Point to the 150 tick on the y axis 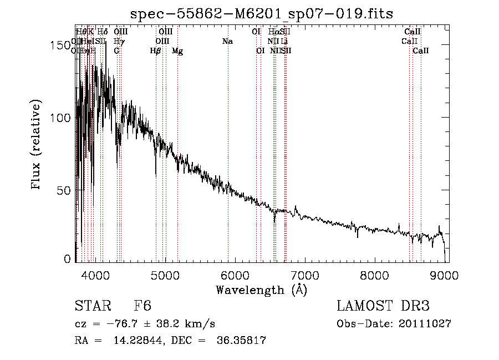[x=62, y=46]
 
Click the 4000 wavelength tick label [x=95, y=274]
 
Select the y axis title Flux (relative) [x=37, y=145]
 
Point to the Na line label [x=227, y=42]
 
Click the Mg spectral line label [x=177, y=51]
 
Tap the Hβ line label [x=156, y=51]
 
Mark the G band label [x=116, y=51]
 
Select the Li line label [x=284, y=42]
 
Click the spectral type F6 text [x=142, y=306]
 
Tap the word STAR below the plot [x=93, y=306]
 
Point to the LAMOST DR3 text [x=383, y=306]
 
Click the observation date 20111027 [x=425, y=323]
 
